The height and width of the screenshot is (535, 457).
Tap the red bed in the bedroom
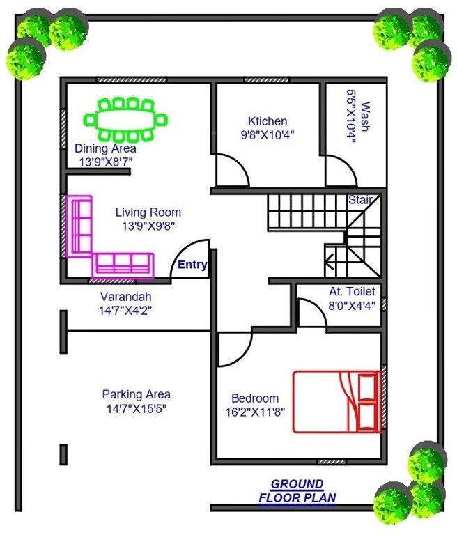(337, 401)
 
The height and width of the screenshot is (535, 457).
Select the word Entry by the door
(192, 265)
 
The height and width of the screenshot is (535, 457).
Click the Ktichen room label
(268, 121)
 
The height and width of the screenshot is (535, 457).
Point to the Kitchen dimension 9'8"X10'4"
(268, 135)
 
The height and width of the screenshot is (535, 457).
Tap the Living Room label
(148, 212)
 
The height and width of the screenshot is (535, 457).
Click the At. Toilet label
(353, 291)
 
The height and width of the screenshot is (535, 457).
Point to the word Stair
(360, 201)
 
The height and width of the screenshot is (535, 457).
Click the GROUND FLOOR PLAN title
(297, 491)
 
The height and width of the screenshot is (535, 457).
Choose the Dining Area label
(105, 148)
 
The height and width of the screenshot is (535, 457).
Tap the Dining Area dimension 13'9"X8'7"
(105, 162)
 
